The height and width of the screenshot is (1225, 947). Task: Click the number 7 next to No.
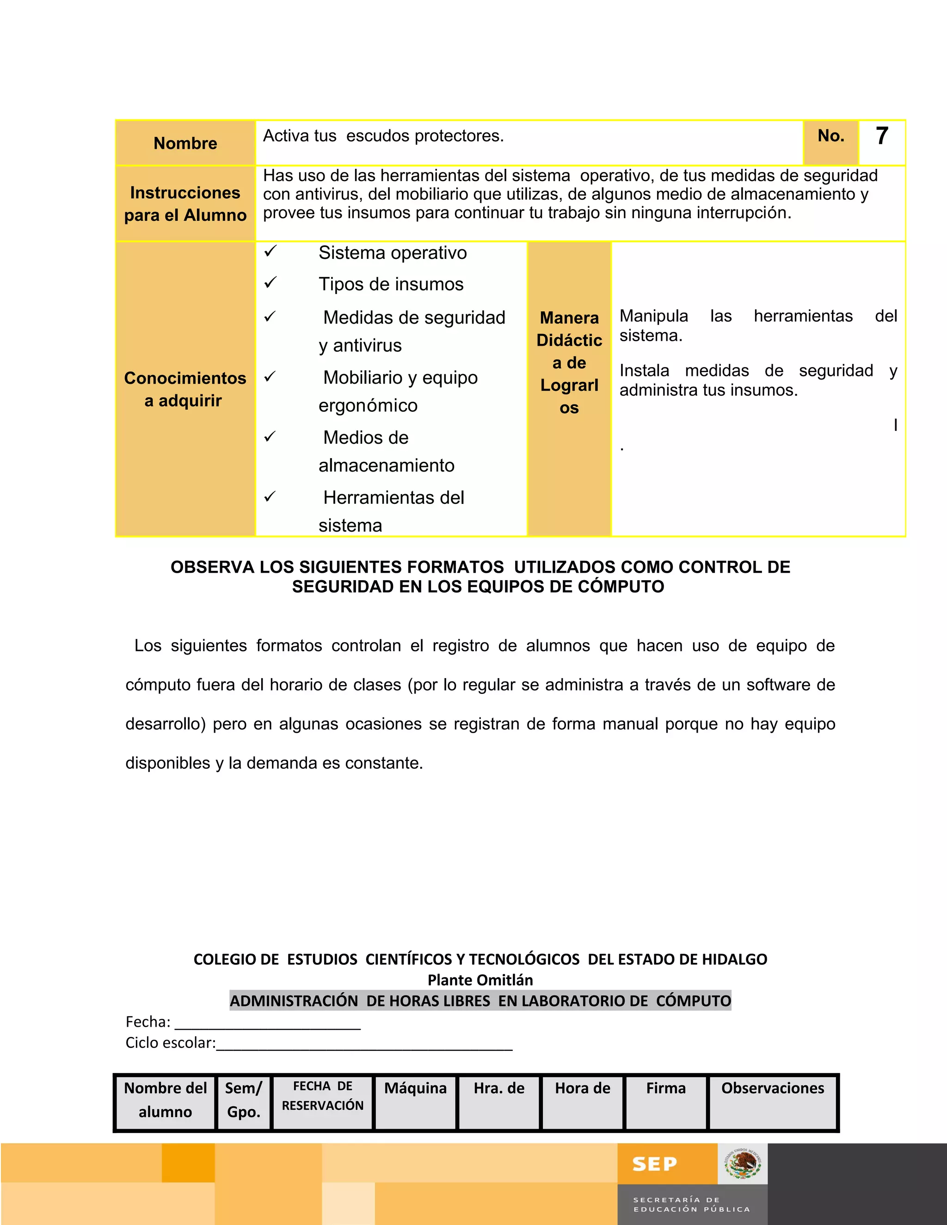tap(882, 136)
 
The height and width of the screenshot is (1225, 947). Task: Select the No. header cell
tap(831, 136)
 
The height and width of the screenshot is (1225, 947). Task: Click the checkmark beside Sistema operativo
tap(271, 251)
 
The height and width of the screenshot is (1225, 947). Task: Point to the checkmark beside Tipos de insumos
tap(271, 283)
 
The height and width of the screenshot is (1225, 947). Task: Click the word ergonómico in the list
tap(368, 405)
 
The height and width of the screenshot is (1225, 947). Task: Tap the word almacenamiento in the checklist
tap(387, 465)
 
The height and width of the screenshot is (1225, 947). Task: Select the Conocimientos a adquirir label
tap(185, 389)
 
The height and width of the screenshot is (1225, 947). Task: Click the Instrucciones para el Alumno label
tap(185, 203)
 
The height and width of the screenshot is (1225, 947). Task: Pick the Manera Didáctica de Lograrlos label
tap(569, 362)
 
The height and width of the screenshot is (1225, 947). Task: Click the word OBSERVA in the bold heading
tap(212, 567)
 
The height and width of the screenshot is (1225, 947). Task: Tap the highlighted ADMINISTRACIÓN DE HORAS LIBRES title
tap(480, 1001)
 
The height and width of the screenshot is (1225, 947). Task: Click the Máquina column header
tap(415, 1089)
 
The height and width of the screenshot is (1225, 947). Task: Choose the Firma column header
tap(666, 1089)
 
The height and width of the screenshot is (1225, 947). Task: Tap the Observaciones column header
tap(773, 1089)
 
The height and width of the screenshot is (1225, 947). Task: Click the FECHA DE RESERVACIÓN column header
tap(323, 1096)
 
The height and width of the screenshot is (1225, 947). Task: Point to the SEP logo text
tap(654, 1164)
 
